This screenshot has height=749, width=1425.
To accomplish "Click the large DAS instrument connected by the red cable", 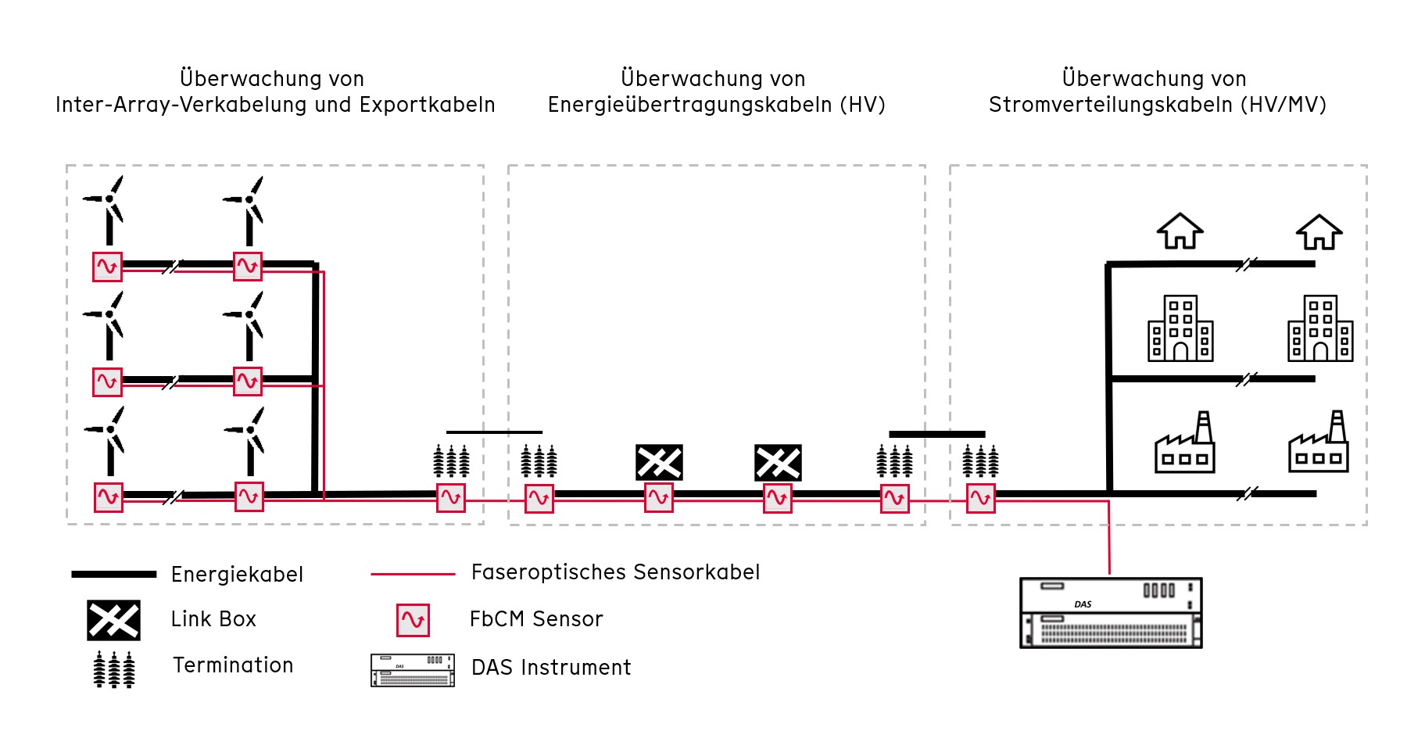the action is coord(1111,613).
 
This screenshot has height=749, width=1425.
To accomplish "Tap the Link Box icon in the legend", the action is coord(113,620).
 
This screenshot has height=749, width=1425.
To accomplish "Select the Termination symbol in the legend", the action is coord(114,669).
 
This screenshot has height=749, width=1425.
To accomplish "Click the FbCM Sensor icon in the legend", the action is coord(413,620).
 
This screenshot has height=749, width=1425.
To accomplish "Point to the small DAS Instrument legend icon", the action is coord(413,670).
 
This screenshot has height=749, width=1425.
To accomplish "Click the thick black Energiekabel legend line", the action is coord(114,574).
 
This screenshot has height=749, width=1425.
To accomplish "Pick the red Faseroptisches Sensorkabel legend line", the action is coord(413,574).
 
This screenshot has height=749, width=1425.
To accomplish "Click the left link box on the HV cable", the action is coord(659,462).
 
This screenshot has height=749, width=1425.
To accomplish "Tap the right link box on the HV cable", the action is coord(778,462).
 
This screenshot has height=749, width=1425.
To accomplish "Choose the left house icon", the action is coord(1180,231).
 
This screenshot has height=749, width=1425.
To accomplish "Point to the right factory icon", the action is coord(1319,442).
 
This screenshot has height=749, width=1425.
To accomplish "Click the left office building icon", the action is coord(1180,328).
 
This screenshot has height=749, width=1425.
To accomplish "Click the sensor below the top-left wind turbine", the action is coord(107,267).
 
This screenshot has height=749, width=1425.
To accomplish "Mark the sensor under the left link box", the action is coord(659,497).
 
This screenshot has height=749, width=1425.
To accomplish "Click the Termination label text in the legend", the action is coord(233,665).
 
